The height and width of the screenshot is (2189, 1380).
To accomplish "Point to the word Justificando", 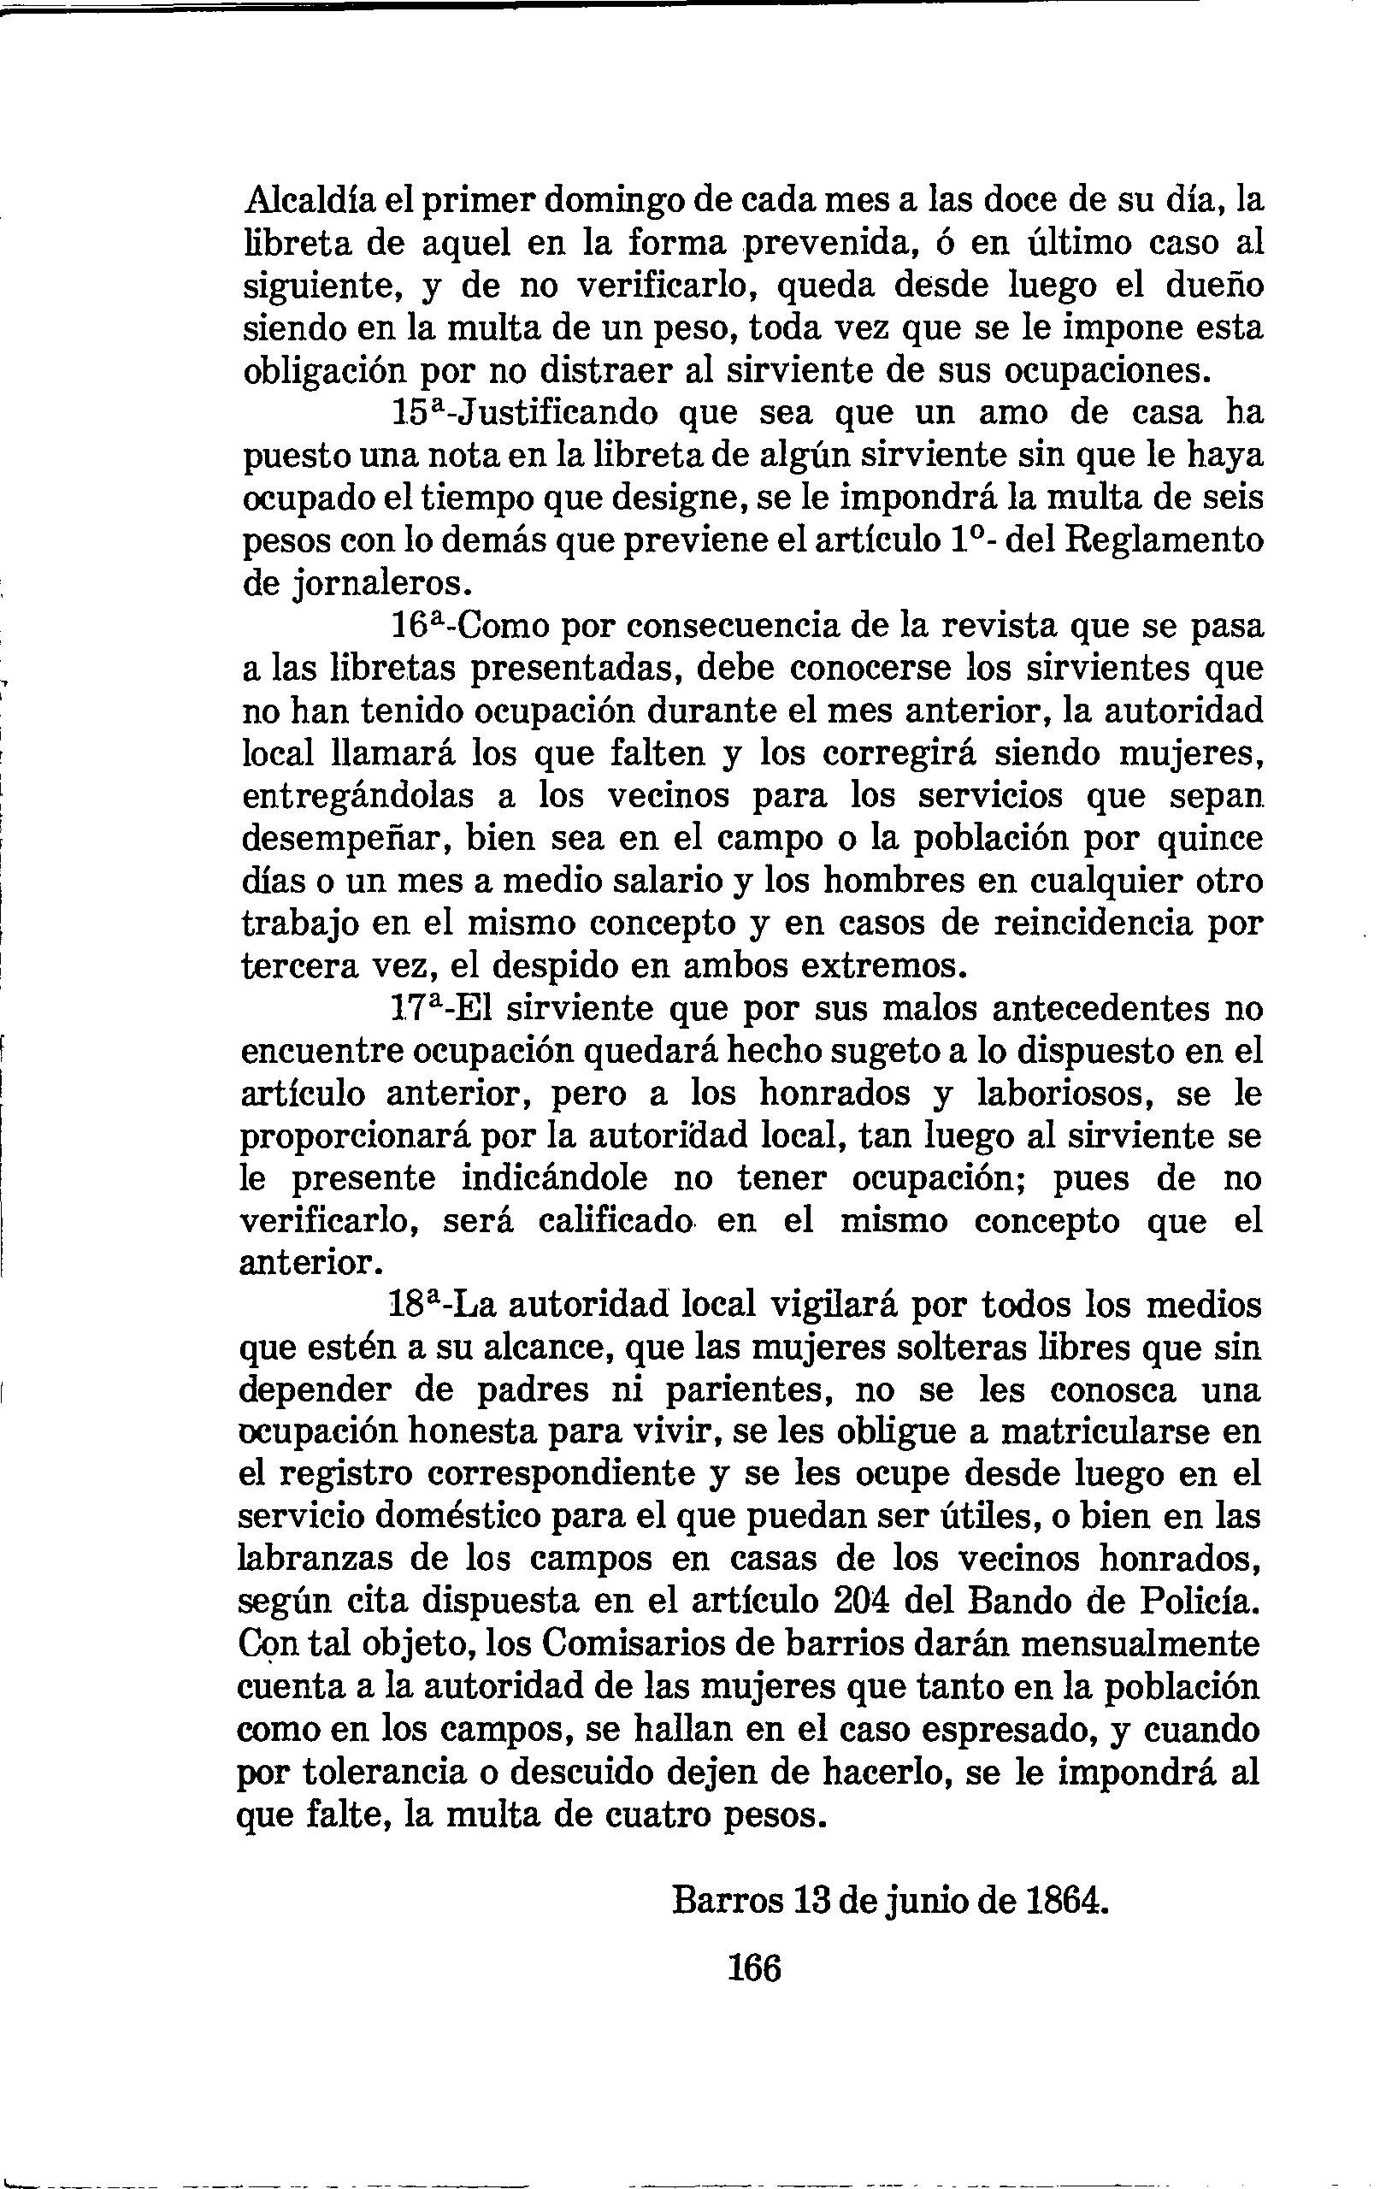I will tap(556, 414).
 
